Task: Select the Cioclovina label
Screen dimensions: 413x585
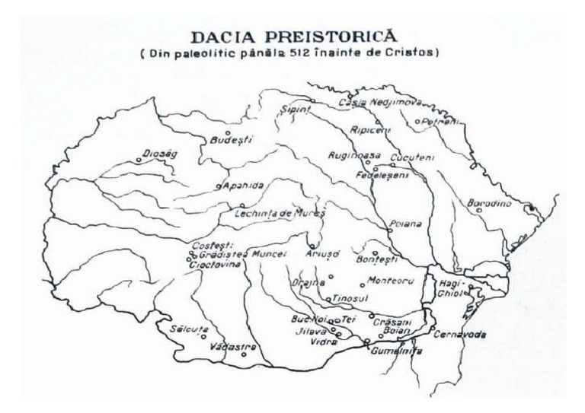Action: coord(214,264)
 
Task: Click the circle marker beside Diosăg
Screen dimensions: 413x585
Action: coord(139,160)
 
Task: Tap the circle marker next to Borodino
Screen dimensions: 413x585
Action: coord(479,211)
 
